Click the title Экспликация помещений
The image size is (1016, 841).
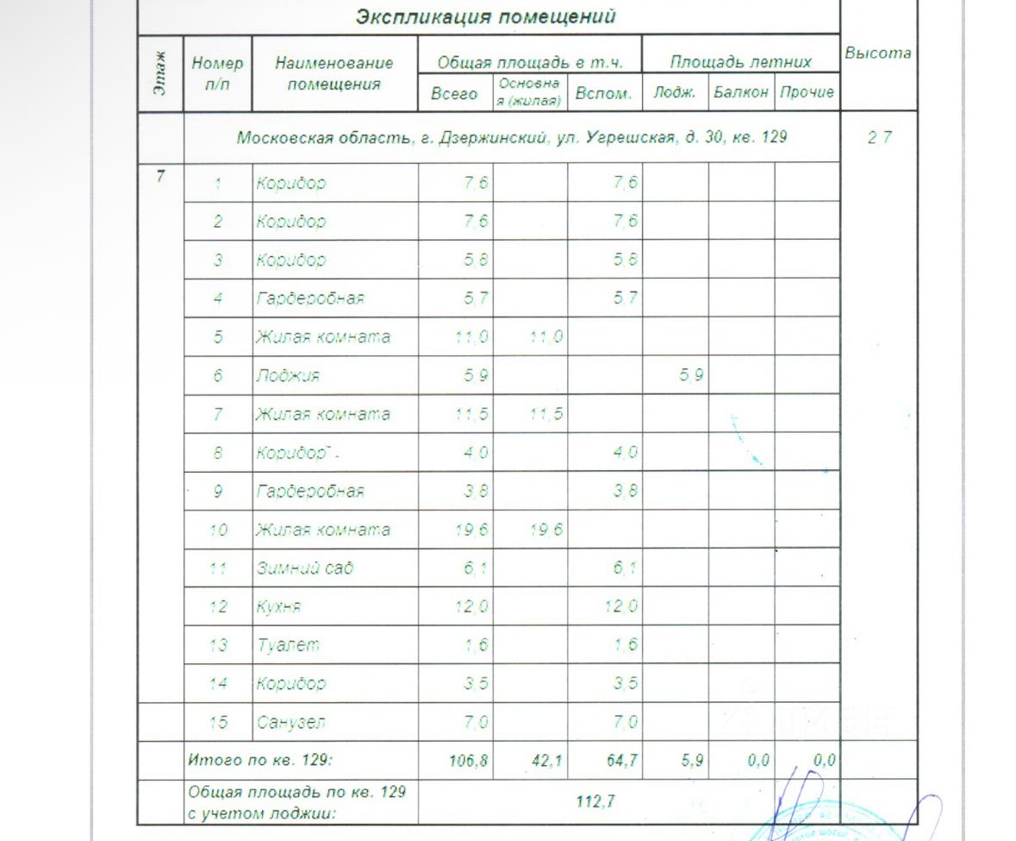tap(486, 16)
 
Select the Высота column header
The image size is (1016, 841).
tap(877, 53)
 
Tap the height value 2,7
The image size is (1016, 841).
tap(879, 137)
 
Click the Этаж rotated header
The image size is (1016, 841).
tap(161, 73)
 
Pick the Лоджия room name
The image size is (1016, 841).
tap(288, 375)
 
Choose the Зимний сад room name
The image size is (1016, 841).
tap(304, 568)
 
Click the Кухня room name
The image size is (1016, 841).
tap(277, 606)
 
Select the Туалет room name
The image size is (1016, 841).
tap(287, 645)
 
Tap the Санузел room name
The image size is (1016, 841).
tap(291, 722)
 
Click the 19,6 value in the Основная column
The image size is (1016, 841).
tap(546, 530)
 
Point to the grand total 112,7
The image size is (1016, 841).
tap(595, 801)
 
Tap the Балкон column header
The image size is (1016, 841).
tap(741, 92)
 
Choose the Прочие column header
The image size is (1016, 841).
tap(807, 92)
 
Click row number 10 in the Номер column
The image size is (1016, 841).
tap(218, 530)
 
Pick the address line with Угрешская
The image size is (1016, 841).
tap(512, 137)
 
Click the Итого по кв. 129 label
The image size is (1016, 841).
tap(260, 761)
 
